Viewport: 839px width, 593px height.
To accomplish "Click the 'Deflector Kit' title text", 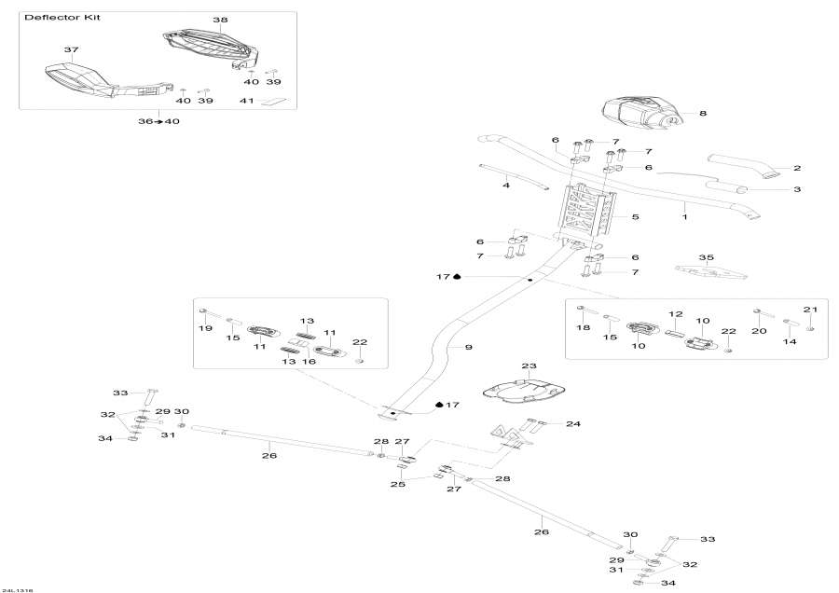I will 50,18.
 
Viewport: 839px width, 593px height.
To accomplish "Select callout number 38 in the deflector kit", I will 220,20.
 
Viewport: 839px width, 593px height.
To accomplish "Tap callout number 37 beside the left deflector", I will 71,49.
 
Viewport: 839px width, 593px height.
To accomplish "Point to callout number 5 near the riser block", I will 635,217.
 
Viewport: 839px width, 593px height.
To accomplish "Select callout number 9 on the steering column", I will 468,347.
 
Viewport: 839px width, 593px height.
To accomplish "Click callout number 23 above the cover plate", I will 530,366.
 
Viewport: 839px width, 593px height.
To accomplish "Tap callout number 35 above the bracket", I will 706,257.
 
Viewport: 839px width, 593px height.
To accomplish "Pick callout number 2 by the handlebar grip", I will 797,169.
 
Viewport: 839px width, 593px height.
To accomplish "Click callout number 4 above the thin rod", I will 506,186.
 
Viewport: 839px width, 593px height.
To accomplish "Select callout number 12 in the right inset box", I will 676,314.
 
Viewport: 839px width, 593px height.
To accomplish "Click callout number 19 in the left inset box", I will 205,328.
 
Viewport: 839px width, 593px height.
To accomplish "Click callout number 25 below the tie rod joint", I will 397,485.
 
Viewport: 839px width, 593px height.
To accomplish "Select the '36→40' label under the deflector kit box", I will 158,121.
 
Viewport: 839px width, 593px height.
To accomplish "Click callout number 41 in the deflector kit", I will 246,101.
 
